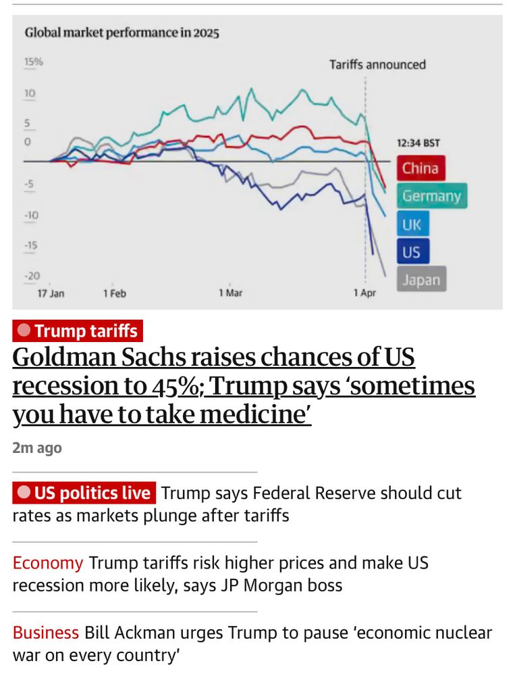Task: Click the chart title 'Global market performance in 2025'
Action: (x=121, y=33)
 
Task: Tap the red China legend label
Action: (x=421, y=168)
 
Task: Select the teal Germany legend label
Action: (x=431, y=196)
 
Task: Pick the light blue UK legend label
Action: (x=412, y=224)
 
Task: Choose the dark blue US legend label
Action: (x=412, y=252)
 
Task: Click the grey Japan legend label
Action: (x=421, y=280)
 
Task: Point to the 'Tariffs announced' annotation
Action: (x=377, y=65)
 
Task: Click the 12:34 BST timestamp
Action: (x=418, y=143)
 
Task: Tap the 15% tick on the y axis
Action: (x=34, y=62)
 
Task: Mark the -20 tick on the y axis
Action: (x=31, y=276)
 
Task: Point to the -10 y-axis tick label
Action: (x=31, y=216)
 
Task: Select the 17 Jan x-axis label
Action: (x=51, y=294)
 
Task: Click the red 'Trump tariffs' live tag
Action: (x=78, y=331)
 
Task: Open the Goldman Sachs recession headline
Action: (x=243, y=386)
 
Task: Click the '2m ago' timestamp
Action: (x=37, y=448)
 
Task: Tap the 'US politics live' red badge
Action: (x=84, y=493)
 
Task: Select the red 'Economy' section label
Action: (x=48, y=563)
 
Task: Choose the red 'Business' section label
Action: (x=46, y=633)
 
